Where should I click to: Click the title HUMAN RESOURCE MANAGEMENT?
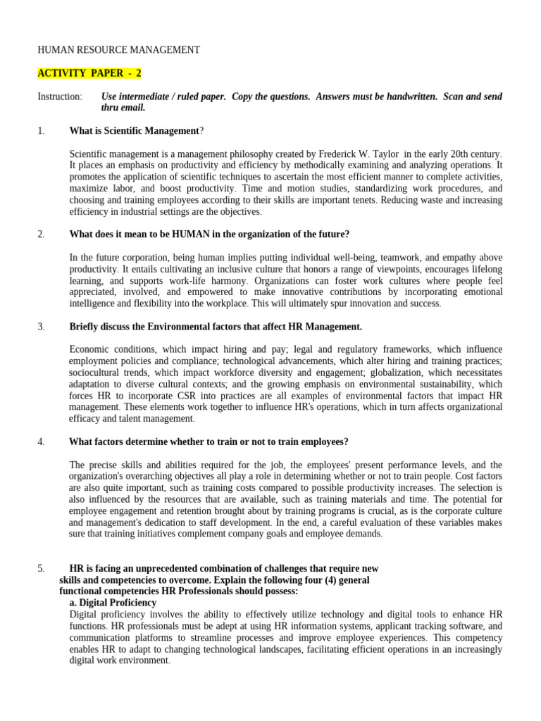(118, 50)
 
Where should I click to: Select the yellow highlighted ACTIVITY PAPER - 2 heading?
(89, 73)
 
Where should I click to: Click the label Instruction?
(60, 96)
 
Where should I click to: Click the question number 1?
(41, 130)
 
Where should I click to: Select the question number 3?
(41, 327)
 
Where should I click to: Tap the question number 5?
(41, 568)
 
